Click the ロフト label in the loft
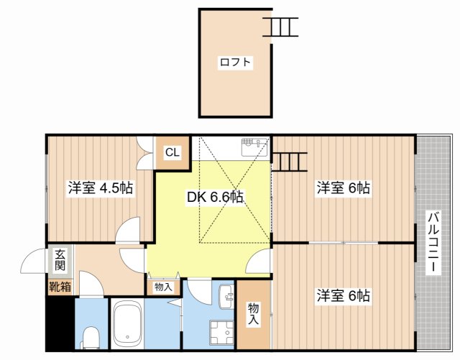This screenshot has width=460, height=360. pos(236,63)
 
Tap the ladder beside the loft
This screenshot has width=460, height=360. pos(280,27)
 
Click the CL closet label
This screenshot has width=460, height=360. pos(172,152)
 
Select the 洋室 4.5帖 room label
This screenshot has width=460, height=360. pos(100,188)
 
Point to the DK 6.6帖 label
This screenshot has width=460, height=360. pos(215,197)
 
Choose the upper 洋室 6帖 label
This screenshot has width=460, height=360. pos(343,188)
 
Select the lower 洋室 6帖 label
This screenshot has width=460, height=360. pos(343,295)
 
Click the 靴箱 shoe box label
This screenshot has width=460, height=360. pos(60,288)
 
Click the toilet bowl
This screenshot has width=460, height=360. pos(90,336)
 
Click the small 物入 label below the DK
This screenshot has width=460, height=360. pos(163,287)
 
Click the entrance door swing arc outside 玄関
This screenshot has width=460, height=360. pos(34,262)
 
